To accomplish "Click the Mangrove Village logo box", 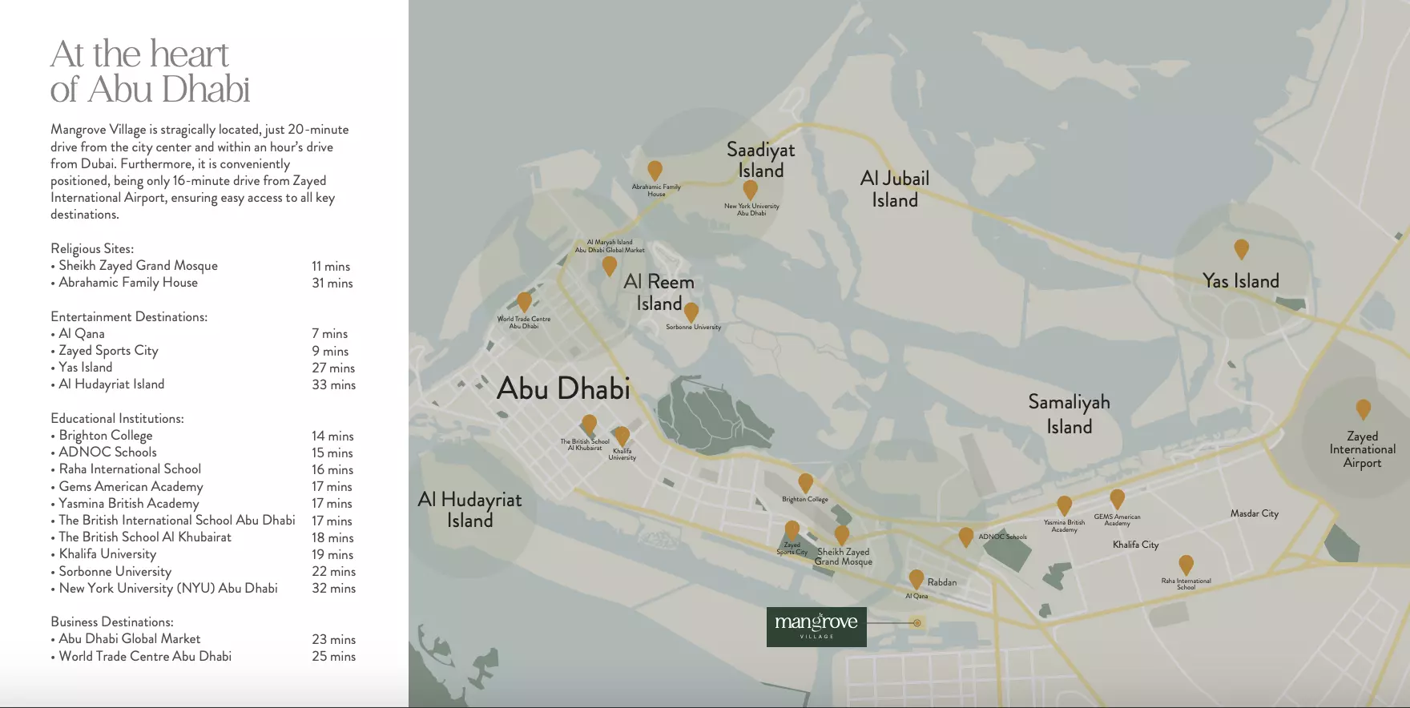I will pyautogui.click(x=816, y=626).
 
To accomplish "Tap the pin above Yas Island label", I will pyautogui.click(x=1241, y=249).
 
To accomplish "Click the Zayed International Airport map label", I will pyautogui.click(x=1362, y=449).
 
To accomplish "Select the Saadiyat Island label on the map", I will pyautogui.click(x=760, y=160).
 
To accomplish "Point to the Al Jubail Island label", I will pyautogui.click(x=895, y=189).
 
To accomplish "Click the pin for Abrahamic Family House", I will pyautogui.click(x=655, y=170).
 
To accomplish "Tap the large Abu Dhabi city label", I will pyautogui.click(x=563, y=388).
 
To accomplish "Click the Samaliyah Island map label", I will pyautogui.click(x=1069, y=414).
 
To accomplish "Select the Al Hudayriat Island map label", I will pyautogui.click(x=469, y=510).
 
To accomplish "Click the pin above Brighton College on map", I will pyautogui.click(x=805, y=483).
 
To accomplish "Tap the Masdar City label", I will pyautogui.click(x=1254, y=513).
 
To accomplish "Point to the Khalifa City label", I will pyautogui.click(x=1135, y=545).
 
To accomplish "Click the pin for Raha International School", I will pyautogui.click(x=1186, y=565).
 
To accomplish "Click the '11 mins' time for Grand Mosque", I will pyautogui.click(x=331, y=266).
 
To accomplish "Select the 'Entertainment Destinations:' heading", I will pyautogui.click(x=129, y=316).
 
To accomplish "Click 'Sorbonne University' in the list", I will pyautogui.click(x=115, y=571).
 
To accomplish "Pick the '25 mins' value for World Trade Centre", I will pyautogui.click(x=333, y=656).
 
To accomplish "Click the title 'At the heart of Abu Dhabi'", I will pyautogui.click(x=150, y=71).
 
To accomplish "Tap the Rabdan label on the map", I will pyautogui.click(x=941, y=582).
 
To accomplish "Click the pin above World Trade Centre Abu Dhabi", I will pyautogui.click(x=524, y=302).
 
